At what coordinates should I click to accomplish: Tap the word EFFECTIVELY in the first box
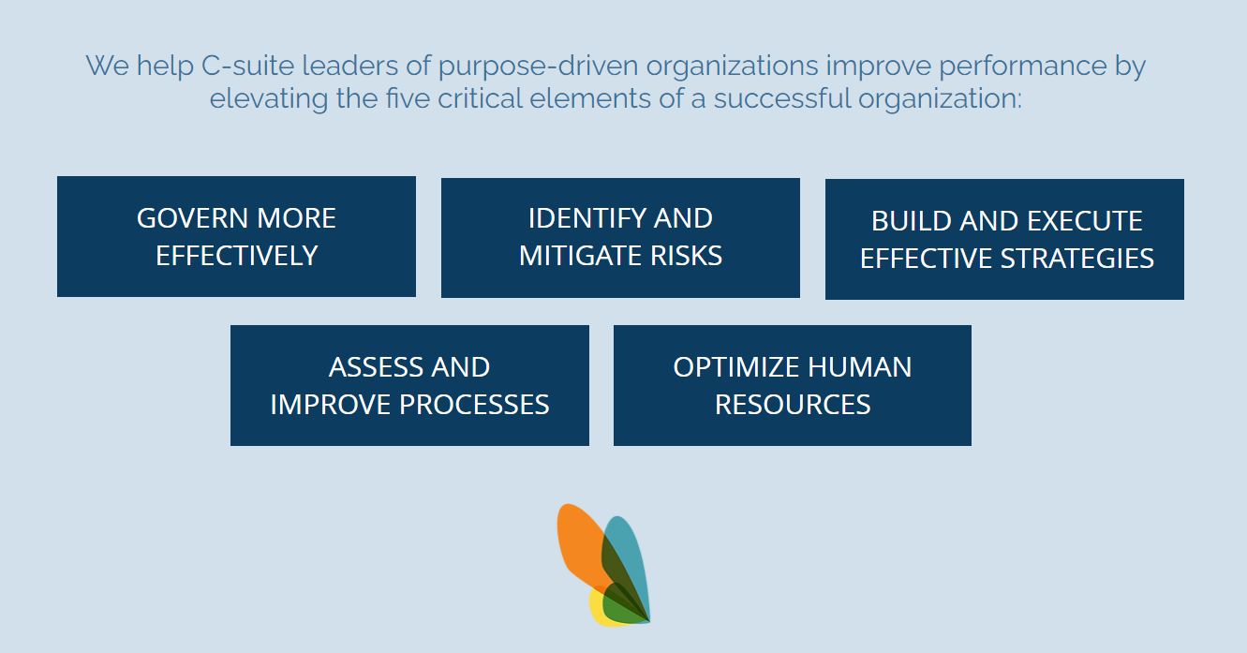click(x=237, y=256)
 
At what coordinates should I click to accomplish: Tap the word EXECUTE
click(x=1085, y=221)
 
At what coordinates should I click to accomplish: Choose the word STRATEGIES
click(x=1077, y=259)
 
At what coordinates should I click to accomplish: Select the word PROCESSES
click(x=474, y=405)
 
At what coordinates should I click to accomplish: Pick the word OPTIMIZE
click(x=736, y=367)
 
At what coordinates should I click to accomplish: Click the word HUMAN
click(x=859, y=367)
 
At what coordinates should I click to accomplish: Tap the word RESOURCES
click(x=793, y=405)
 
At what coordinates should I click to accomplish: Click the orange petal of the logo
click(x=579, y=542)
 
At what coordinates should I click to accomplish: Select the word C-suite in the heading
click(x=247, y=66)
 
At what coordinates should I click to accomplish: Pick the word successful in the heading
click(x=782, y=98)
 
